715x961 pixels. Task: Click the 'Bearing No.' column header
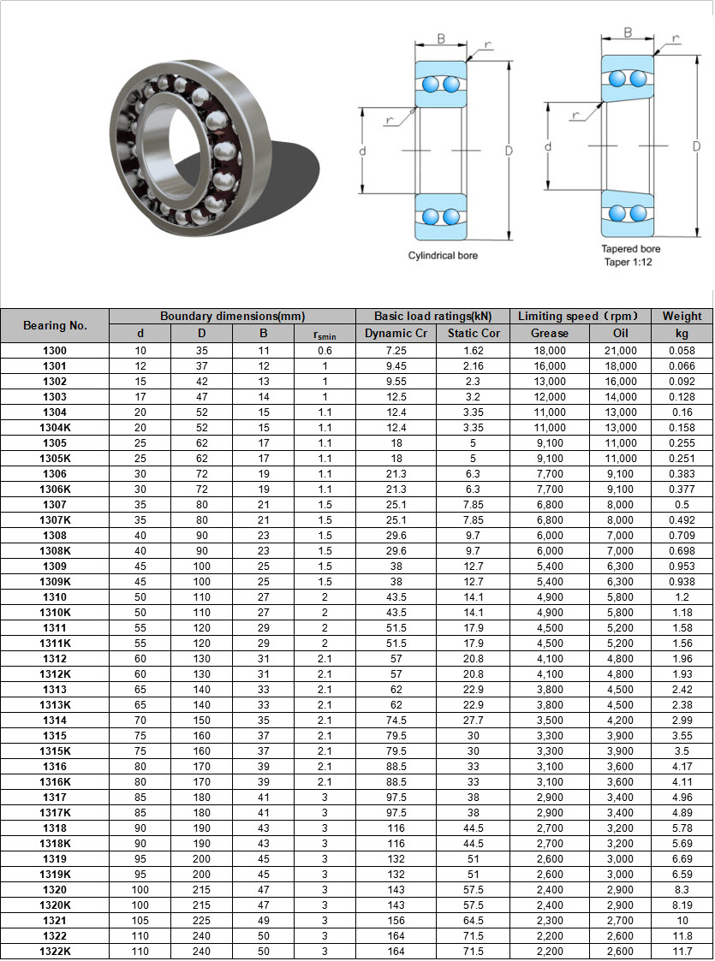55,325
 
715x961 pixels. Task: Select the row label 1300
55,351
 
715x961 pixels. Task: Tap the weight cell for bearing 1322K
682,952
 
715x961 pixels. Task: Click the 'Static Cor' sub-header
474,334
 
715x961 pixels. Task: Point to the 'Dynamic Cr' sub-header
396,334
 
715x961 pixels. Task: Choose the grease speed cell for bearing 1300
550,351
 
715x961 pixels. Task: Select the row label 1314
55,721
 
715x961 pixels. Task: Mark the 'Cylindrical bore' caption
443,256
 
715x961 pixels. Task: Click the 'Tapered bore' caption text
630,249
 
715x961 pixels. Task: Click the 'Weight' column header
682,317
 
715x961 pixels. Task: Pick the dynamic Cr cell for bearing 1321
396,921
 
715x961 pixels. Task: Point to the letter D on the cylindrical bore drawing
509,151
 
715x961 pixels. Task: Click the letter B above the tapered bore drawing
628,33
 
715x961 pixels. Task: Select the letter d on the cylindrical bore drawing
362,151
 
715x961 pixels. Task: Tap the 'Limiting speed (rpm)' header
578,317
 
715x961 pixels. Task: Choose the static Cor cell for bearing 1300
474,351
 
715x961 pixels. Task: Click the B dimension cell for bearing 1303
264,397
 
